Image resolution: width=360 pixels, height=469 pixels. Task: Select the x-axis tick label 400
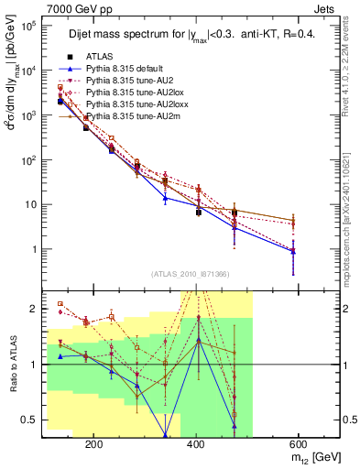pyautogui.click(x=195, y=442)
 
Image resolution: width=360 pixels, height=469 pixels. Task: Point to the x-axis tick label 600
pyautogui.click(x=297, y=442)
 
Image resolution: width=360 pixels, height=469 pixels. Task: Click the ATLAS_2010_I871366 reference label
pyautogui.click(x=191, y=275)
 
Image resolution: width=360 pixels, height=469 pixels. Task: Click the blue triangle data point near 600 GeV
pyautogui.click(x=293, y=250)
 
